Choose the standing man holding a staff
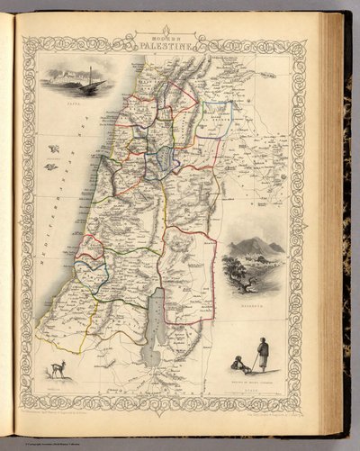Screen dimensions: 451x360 coord(262,355)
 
